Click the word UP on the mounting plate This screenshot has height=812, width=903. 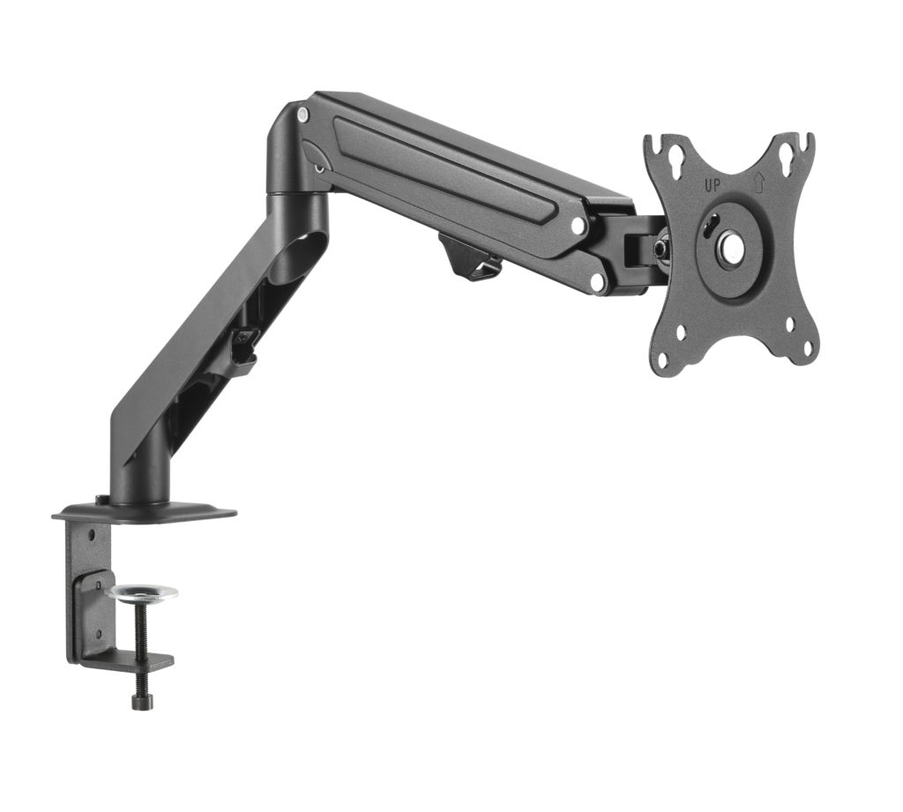tap(713, 186)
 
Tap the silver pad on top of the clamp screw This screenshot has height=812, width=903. tap(141, 592)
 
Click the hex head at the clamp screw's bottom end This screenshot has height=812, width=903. tap(138, 701)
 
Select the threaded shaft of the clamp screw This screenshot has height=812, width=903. tap(139, 644)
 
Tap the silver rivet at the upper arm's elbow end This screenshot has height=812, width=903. tap(302, 115)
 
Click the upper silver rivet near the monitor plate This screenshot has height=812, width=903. tap(578, 226)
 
